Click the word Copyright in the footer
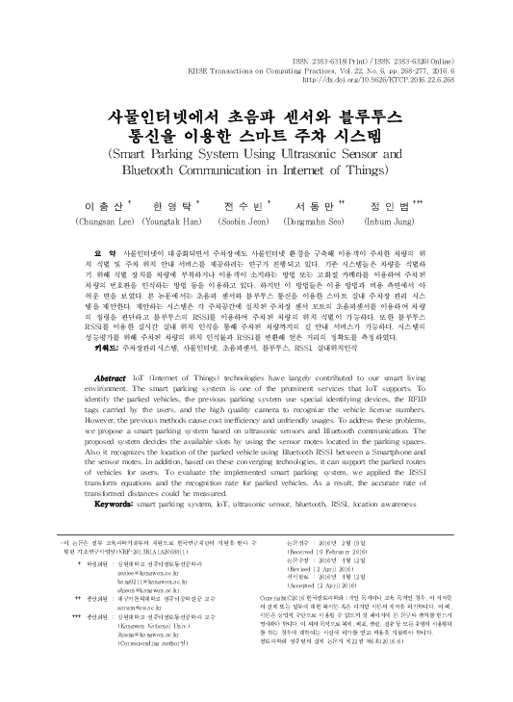(x=303, y=624)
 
